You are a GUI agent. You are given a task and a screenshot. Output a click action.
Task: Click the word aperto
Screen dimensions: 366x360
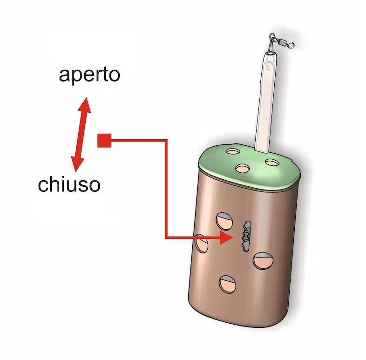[89, 75]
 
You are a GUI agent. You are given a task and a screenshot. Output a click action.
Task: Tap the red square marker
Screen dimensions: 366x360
[104, 141]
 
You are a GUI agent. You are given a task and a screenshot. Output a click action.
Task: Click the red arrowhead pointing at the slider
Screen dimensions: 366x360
[226, 238]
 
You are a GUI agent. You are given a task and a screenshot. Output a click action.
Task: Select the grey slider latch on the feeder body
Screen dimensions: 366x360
[246, 236]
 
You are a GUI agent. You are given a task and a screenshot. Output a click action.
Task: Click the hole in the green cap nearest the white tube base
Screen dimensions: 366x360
[271, 162]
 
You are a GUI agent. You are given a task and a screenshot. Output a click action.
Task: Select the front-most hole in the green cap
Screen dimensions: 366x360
[243, 168]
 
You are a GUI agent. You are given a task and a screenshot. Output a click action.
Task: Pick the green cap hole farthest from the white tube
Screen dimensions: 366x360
[233, 151]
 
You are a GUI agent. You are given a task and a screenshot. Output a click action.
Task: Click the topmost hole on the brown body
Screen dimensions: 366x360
[224, 221]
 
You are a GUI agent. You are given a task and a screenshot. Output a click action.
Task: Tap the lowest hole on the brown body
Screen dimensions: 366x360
[227, 284]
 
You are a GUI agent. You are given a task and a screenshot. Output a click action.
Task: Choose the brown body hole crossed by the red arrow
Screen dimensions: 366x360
[201, 243]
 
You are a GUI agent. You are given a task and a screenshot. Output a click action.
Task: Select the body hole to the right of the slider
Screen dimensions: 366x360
[263, 260]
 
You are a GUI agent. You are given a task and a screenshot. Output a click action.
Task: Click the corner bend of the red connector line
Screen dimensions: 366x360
[166, 141]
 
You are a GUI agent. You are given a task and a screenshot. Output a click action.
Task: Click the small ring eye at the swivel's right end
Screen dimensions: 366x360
[291, 45]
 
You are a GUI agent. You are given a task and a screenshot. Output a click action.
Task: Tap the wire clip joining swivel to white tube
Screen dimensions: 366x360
[271, 46]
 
